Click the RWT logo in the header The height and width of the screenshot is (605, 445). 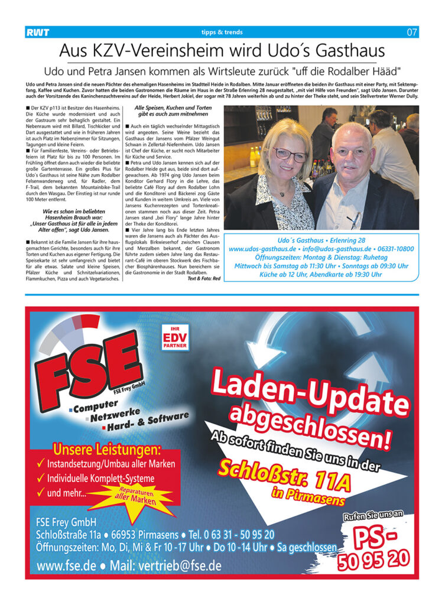click(x=37, y=32)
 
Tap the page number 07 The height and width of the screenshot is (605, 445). click(x=412, y=32)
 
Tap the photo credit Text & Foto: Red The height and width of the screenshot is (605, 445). click(x=204, y=278)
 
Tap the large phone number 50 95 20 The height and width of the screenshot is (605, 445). click(x=373, y=558)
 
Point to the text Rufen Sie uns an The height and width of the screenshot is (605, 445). click(x=373, y=516)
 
